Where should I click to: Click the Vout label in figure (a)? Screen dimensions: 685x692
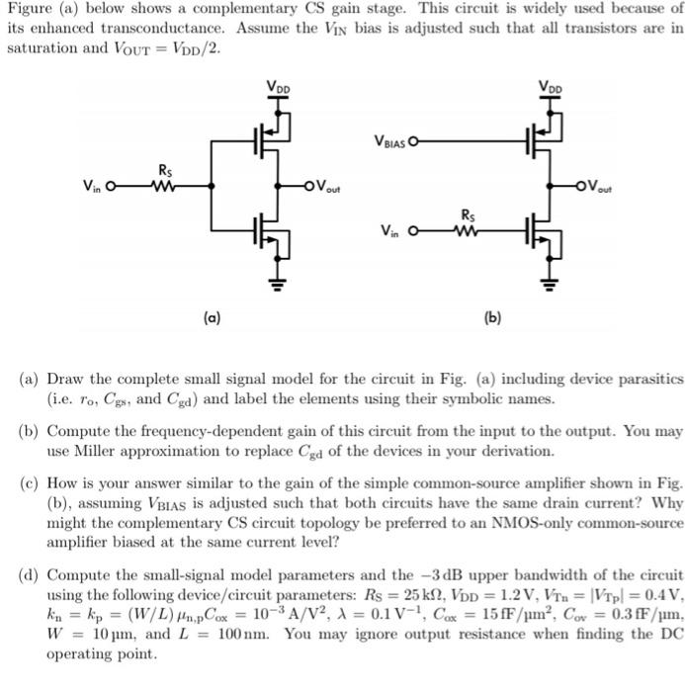point(330,181)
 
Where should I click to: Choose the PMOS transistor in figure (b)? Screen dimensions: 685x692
point(545,138)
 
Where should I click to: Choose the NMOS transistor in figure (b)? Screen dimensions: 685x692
point(545,230)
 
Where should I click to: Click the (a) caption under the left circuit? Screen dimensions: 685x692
point(212,318)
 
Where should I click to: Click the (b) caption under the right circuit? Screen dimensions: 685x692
point(492,318)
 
